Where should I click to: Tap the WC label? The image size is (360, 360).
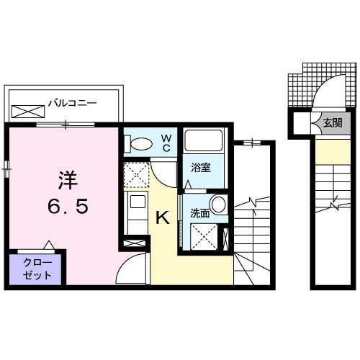tap(165, 143)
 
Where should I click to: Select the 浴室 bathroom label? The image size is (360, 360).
tap(201, 169)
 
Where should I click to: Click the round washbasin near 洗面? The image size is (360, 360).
tap(217, 204)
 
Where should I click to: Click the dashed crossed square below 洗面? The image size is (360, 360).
tap(203, 236)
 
